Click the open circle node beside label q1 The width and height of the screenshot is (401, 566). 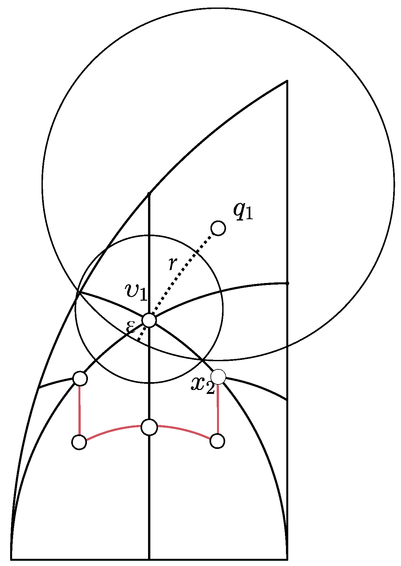coord(218,228)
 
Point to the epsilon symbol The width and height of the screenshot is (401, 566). coord(130,327)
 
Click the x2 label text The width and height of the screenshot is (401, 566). coord(203,385)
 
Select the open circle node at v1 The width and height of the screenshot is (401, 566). coord(149,320)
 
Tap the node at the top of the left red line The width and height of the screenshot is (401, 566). coord(80,379)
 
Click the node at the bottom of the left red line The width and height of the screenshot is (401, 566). coord(79,442)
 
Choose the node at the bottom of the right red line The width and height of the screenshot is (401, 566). coord(217,441)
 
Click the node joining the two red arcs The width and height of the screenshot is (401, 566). coord(149,427)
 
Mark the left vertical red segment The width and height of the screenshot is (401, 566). coord(80,411)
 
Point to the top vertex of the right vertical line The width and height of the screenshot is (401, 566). coord(287,81)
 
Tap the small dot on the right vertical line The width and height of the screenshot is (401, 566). coord(287,283)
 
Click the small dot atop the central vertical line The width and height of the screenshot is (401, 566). coord(149,194)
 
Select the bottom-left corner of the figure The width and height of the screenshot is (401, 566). coord(11,559)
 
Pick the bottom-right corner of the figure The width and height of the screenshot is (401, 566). coord(287,559)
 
